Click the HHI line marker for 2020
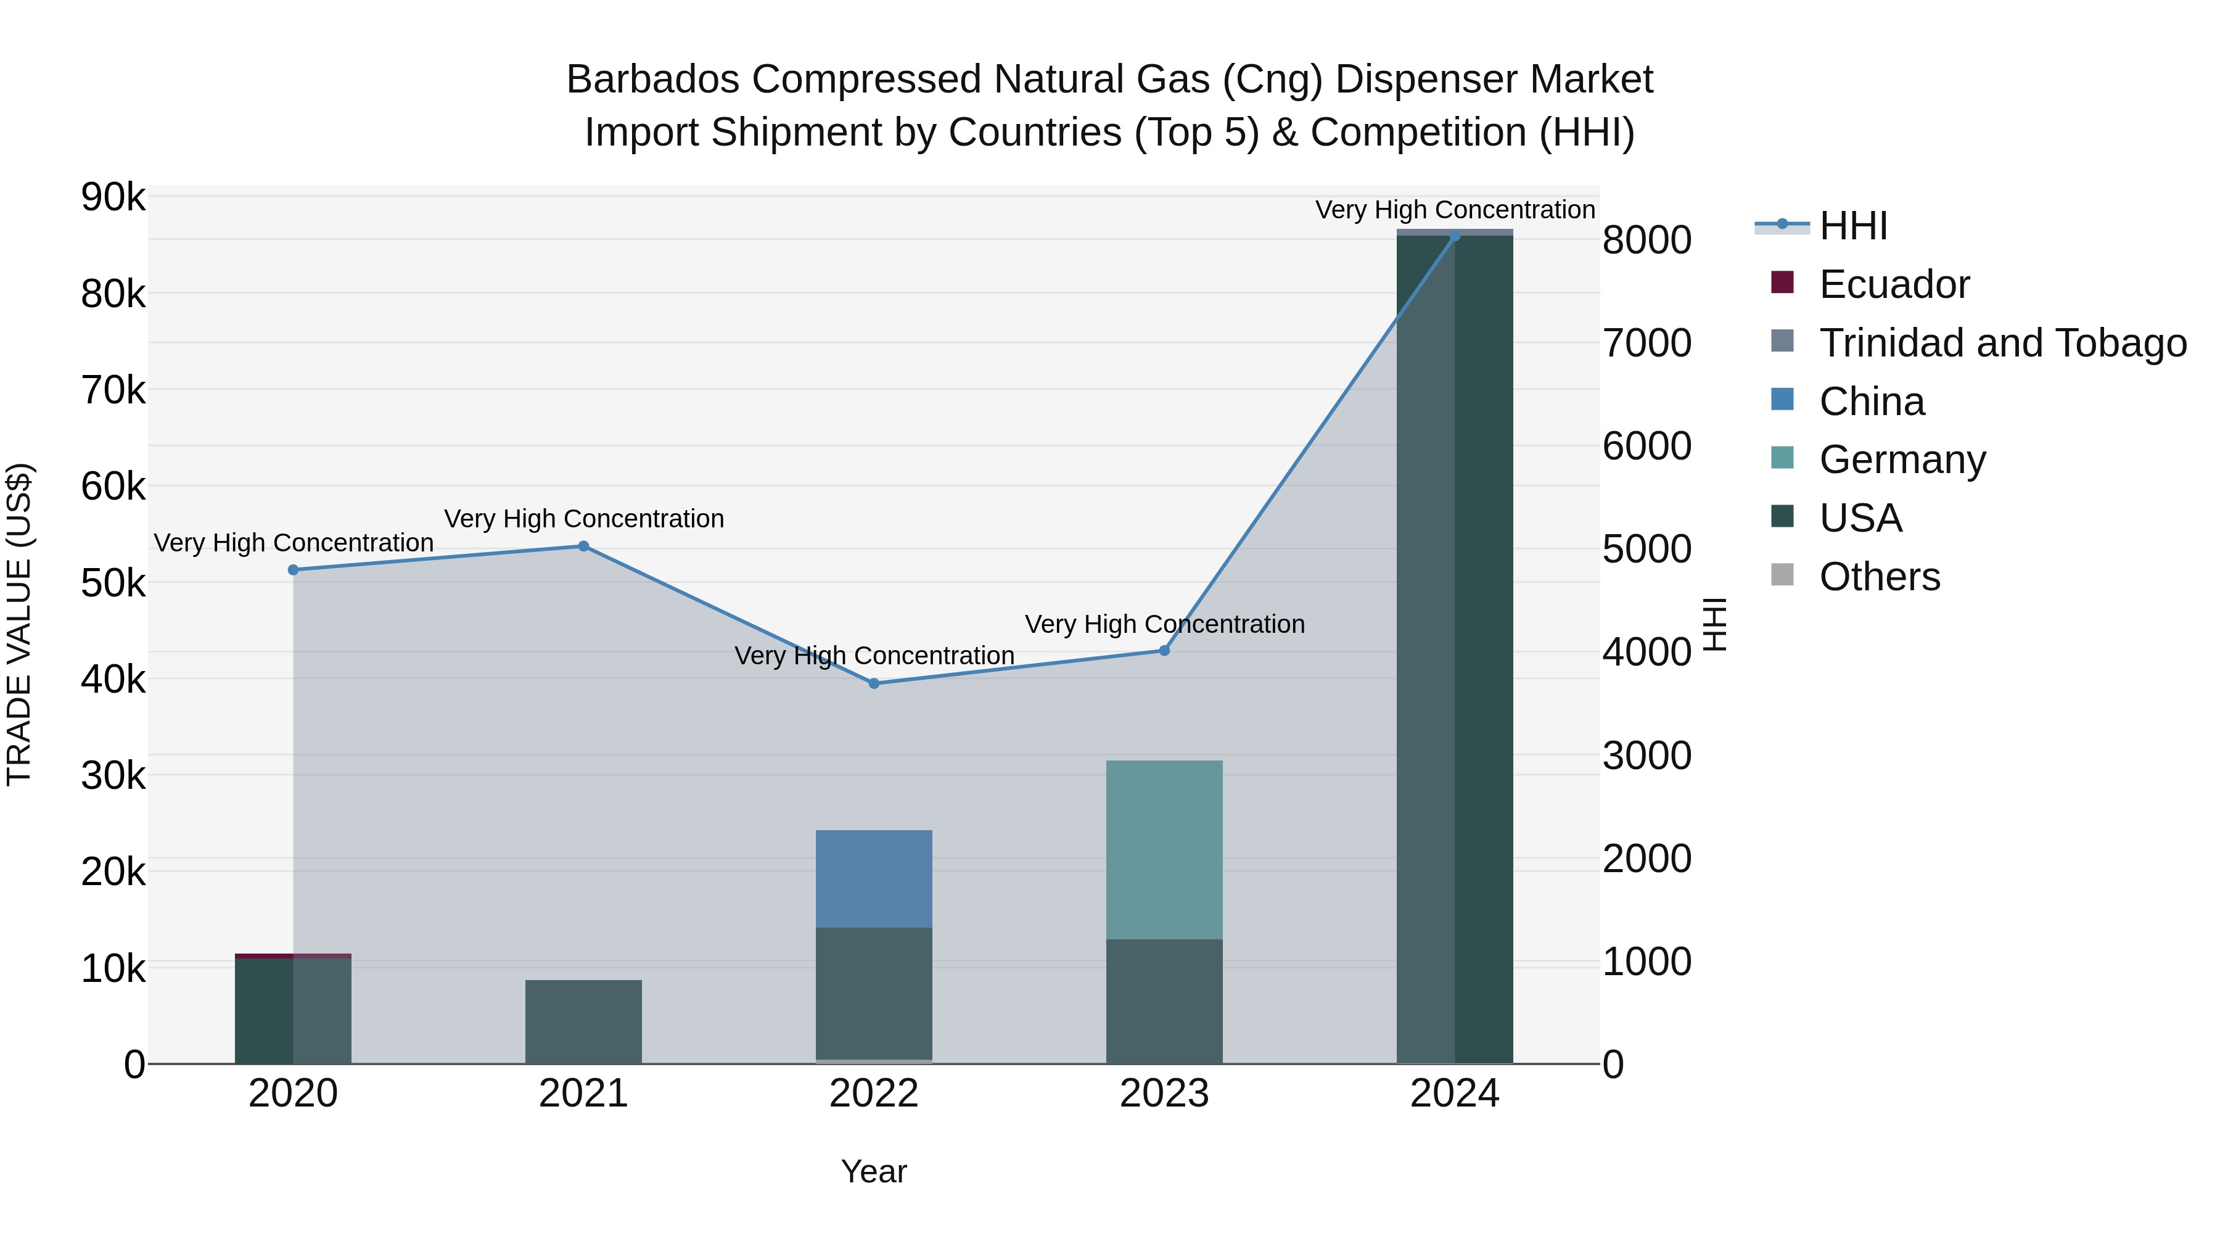click(293, 570)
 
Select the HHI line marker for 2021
click(583, 546)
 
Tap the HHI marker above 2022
click(874, 683)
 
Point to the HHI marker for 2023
click(1164, 651)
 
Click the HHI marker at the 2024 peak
click(1455, 236)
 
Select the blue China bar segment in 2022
click(874, 879)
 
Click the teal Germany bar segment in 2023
click(1164, 849)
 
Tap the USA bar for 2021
click(583, 1021)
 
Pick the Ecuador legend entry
click(1893, 284)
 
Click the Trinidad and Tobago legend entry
click(2002, 343)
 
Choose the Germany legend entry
click(1902, 460)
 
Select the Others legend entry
click(1879, 577)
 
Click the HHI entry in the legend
click(1853, 226)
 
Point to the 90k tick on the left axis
click(113, 197)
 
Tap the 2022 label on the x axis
click(874, 1094)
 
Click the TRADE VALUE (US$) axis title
click(19, 624)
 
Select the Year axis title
click(874, 1171)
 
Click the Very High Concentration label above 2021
click(583, 519)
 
